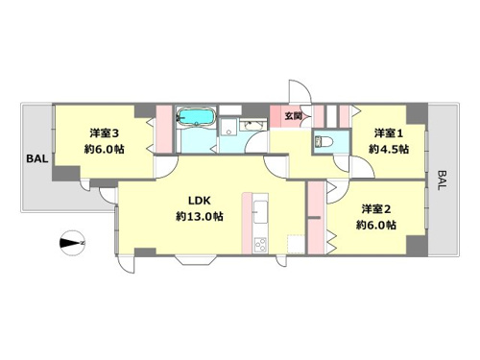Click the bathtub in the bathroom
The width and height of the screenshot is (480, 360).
pos(195,116)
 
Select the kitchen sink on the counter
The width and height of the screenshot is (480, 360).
pos(261,212)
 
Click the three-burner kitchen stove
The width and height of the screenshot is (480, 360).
pos(260,245)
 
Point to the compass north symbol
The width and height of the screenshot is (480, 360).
pos(72,243)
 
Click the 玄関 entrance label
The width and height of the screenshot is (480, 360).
pos(293,116)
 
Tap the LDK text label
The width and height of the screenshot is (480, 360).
pos(200,201)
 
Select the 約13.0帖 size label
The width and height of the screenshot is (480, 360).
pos(200,217)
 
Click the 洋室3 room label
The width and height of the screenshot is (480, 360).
pos(104,133)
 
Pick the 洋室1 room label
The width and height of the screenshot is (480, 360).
pos(389,133)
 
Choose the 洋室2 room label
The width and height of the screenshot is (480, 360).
pos(376,209)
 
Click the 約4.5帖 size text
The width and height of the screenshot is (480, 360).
pos(389,149)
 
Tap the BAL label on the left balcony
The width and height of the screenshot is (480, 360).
pos(37,158)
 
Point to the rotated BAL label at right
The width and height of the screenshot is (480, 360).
pos(442,180)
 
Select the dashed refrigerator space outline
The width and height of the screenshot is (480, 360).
pos(296,245)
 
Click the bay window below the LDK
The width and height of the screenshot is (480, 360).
pos(196,260)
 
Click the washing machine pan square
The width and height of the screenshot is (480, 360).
pos(228,126)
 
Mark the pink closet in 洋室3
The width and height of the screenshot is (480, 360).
pos(164,129)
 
